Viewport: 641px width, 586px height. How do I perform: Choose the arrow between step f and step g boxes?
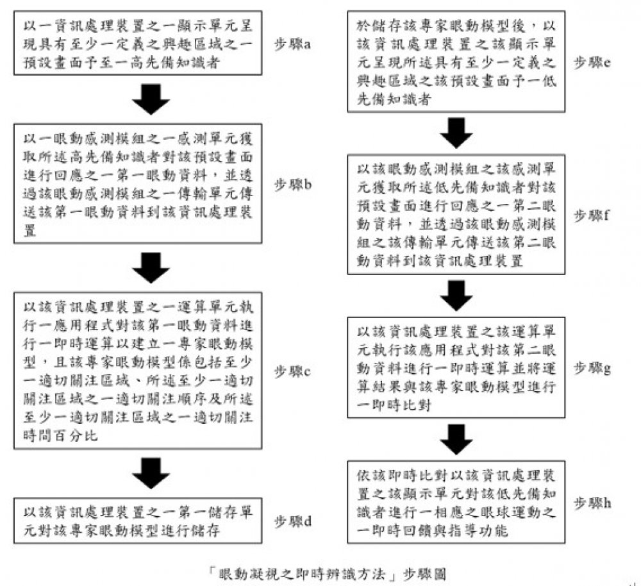pos(457,293)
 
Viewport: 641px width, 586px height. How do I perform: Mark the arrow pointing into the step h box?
pos(457,438)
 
